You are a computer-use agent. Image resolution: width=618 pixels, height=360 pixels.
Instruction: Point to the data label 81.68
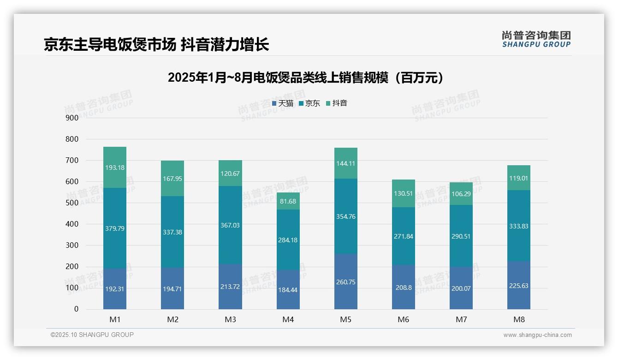pos(288,201)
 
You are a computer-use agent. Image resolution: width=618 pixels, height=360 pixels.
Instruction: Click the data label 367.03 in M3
pos(230,225)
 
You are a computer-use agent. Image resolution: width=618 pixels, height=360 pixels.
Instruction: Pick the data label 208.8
pos(403,287)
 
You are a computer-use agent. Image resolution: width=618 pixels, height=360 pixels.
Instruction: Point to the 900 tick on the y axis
pos(72,118)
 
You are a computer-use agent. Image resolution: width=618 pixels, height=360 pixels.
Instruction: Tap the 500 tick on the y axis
pos(72,203)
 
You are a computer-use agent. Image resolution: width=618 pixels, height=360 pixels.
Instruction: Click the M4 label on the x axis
pos(288,319)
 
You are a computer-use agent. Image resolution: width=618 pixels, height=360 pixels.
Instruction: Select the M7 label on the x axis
pos(461,319)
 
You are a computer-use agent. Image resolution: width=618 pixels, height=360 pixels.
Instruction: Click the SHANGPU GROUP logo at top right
pos(536,39)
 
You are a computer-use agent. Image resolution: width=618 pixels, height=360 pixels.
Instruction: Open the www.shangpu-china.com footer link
pos(537,335)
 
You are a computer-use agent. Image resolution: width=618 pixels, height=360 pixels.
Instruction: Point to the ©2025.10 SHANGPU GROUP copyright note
pos(92,335)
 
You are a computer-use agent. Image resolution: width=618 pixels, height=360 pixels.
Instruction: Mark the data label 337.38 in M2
pos(172,232)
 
